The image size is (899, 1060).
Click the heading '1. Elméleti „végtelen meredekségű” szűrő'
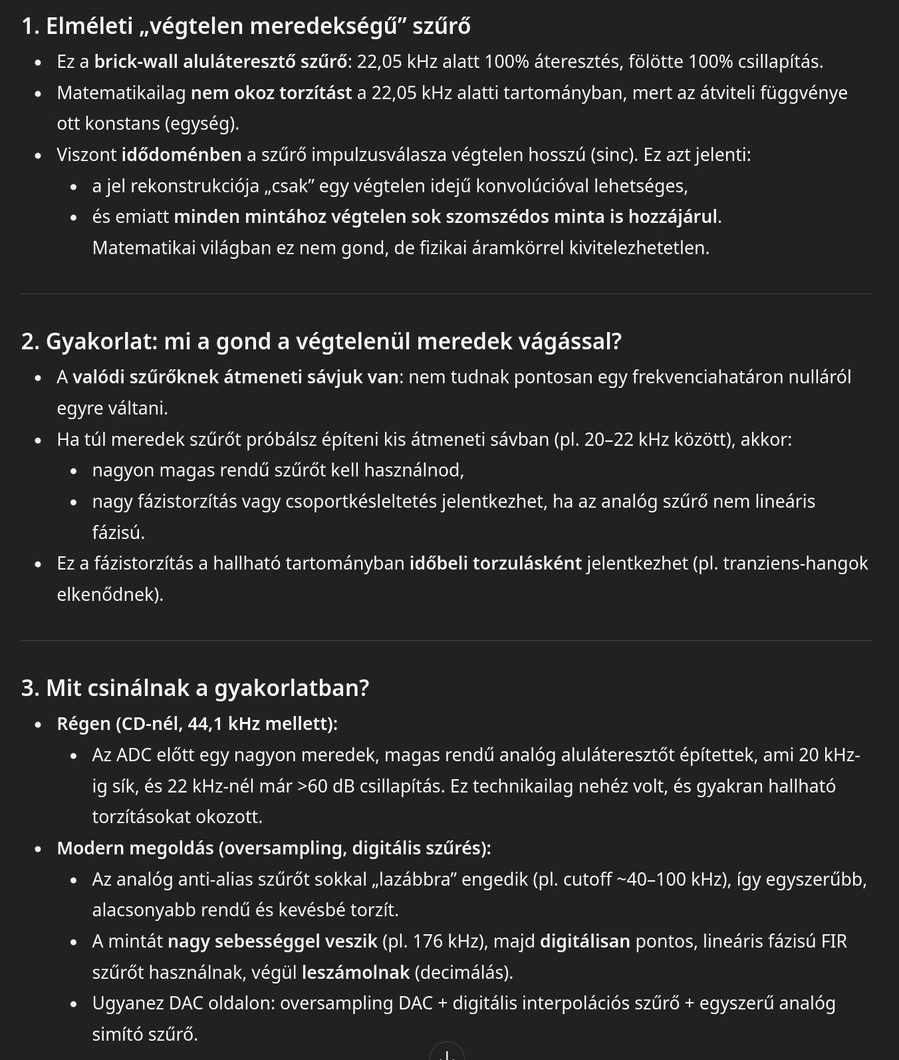pos(246,26)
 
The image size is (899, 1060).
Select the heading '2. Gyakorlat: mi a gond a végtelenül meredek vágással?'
pos(321,341)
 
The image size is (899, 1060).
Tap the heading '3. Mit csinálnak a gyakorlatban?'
pos(195,688)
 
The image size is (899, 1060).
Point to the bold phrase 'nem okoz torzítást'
pos(271,93)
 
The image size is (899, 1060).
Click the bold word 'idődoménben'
pos(182,155)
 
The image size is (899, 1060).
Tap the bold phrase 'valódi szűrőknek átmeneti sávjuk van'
pos(236,377)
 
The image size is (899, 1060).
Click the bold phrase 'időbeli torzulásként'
pos(495,564)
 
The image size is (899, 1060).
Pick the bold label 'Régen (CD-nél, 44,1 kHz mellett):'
pos(197,724)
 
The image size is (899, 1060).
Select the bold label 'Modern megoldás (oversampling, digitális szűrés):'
pos(274,848)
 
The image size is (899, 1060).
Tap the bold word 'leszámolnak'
pos(356,973)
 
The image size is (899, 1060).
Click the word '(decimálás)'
pos(463,973)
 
